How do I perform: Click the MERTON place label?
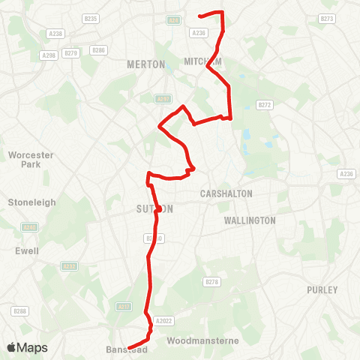(x=146, y=64)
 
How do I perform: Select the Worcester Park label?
(x=28, y=159)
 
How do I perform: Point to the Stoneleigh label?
(x=27, y=202)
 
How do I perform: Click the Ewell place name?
(x=27, y=250)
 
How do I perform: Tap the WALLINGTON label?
(x=250, y=220)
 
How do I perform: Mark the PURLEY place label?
(x=323, y=289)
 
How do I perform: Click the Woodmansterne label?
(x=203, y=340)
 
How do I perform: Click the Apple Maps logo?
(x=27, y=348)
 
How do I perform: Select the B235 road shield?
(x=91, y=18)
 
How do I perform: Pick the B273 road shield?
(x=327, y=18)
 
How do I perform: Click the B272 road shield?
(x=264, y=105)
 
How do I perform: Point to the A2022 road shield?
(x=164, y=321)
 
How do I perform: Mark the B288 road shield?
(x=19, y=310)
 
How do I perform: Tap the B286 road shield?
(x=98, y=49)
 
